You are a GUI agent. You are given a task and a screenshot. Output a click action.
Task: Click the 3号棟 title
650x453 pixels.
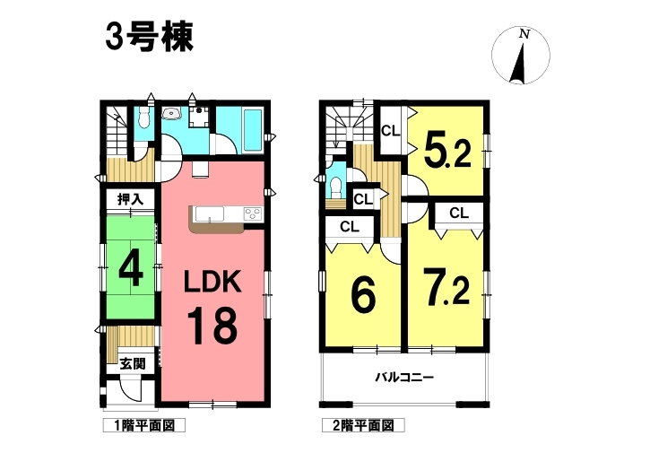(149, 37)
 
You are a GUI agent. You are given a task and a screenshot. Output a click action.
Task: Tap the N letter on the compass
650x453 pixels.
(524, 34)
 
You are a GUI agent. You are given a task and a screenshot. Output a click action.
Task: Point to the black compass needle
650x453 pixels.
(518, 62)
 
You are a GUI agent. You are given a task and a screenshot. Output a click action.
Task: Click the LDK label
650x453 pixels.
(212, 282)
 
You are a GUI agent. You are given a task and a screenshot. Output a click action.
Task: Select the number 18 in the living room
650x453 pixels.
(212, 326)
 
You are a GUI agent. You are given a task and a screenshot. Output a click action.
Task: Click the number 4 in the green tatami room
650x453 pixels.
(131, 271)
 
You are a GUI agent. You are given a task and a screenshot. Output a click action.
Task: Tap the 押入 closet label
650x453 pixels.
(130, 199)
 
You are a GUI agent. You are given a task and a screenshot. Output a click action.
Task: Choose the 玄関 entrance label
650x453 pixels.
(133, 364)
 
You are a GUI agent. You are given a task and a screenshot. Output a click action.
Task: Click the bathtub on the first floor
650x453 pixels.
(253, 130)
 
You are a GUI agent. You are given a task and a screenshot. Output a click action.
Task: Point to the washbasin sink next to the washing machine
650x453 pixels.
(171, 112)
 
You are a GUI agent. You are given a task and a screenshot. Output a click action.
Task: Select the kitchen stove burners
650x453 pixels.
(253, 214)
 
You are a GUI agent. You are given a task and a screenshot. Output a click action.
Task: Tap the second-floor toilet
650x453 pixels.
(335, 187)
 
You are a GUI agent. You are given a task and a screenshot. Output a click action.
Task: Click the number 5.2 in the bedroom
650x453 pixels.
(446, 150)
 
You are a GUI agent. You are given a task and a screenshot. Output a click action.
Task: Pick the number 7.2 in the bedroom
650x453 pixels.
(446, 287)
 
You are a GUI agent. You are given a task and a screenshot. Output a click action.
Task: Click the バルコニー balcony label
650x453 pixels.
(404, 378)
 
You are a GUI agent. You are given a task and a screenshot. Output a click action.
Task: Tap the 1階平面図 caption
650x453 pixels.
(144, 425)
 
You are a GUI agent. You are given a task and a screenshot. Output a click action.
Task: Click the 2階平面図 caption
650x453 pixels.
(364, 425)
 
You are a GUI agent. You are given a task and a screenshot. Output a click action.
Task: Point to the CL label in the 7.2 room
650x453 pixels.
(459, 213)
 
